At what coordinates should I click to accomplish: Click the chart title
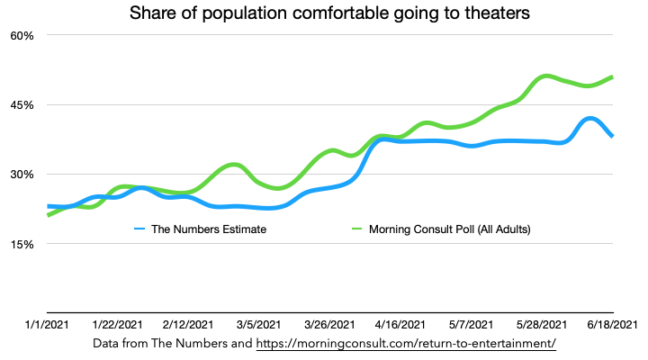[x=323, y=14]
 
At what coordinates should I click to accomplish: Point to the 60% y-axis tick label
[x=21, y=35]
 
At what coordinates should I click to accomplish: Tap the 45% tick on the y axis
[x=21, y=104]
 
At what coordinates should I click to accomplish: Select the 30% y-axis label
[x=21, y=175]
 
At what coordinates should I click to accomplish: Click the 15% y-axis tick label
[x=21, y=244]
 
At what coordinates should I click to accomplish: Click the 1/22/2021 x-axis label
[x=117, y=325]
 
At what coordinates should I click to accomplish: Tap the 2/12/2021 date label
[x=188, y=325]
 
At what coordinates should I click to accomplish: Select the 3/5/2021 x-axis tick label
[x=258, y=325]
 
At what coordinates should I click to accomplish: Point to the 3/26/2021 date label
[x=328, y=325]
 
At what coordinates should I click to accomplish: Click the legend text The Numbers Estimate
[x=209, y=229]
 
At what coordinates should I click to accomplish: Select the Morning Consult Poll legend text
[x=450, y=229]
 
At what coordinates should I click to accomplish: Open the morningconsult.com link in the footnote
[x=406, y=344]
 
